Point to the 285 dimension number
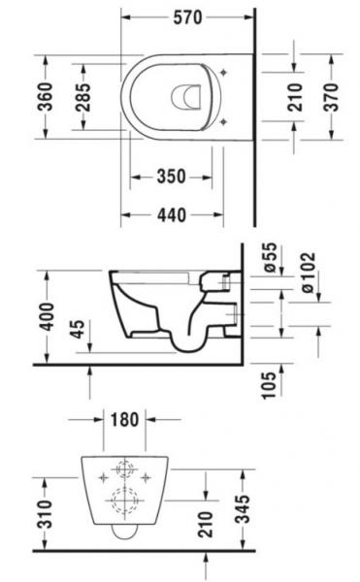85,96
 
